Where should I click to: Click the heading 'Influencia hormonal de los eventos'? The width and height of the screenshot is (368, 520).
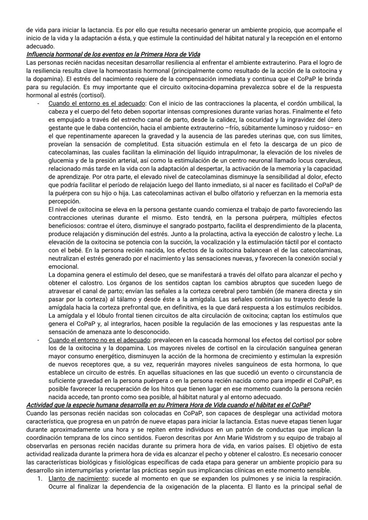click(113, 55)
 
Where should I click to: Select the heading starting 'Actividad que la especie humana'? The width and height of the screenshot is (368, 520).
click(168, 405)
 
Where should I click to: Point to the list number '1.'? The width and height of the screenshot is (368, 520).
click(40, 478)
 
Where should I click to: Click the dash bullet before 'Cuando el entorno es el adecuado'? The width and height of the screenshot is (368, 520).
click(38, 103)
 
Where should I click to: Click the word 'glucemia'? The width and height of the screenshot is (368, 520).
click(60, 160)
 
